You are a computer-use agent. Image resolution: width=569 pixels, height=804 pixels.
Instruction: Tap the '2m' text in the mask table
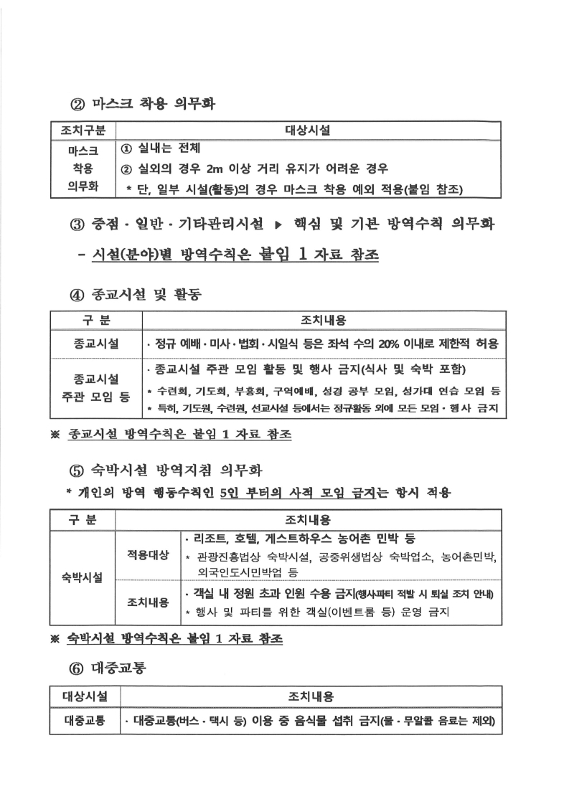215,169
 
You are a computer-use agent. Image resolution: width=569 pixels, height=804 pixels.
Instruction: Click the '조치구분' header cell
80,131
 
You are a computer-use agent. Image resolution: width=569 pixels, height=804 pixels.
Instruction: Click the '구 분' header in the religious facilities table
95,319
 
